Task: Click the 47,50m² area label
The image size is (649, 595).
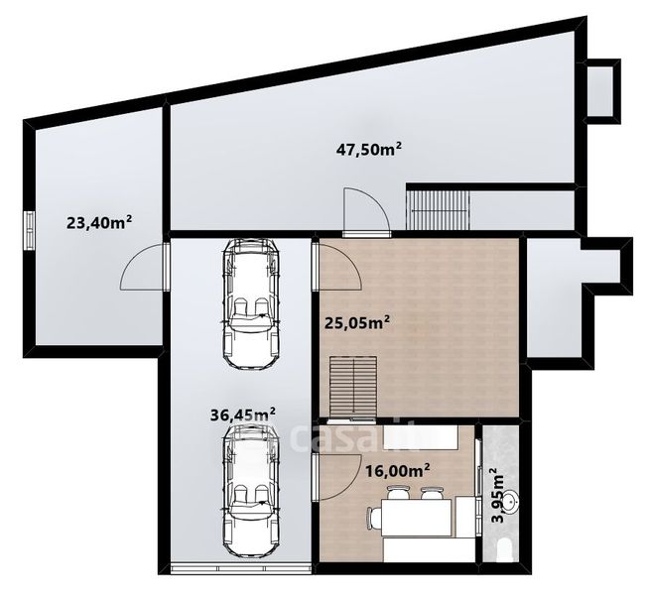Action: [x=368, y=149]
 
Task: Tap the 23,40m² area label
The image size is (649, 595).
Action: [x=99, y=222]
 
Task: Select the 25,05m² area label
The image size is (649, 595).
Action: [x=357, y=322]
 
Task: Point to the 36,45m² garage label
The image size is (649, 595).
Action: [x=243, y=415]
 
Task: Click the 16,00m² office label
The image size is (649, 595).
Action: [x=397, y=470]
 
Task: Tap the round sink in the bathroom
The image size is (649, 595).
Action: [x=512, y=502]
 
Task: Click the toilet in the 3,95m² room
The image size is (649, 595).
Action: [x=506, y=550]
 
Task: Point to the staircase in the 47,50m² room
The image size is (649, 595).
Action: [x=438, y=209]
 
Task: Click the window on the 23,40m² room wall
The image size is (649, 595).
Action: [x=29, y=230]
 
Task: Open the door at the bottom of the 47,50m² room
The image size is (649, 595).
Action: [x=367, y=211]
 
